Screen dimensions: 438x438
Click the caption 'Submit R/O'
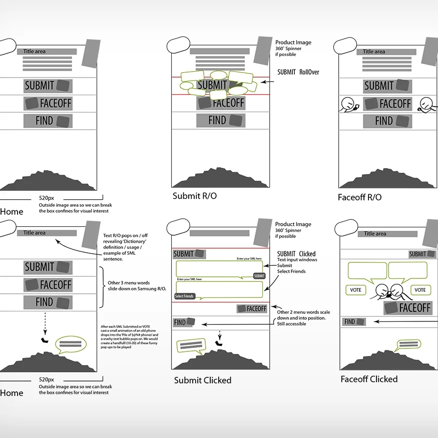(195, 196)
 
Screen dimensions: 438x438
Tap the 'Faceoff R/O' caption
(359, 197)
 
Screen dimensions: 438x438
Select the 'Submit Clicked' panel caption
(203, 380)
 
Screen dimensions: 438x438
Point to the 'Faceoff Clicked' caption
(369, 379)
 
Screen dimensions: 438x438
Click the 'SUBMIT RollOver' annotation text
(298, 72)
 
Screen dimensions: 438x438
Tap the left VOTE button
(355, 290)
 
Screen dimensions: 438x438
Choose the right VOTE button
(420, 290)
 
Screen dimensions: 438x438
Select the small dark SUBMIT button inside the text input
(259, 276)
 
